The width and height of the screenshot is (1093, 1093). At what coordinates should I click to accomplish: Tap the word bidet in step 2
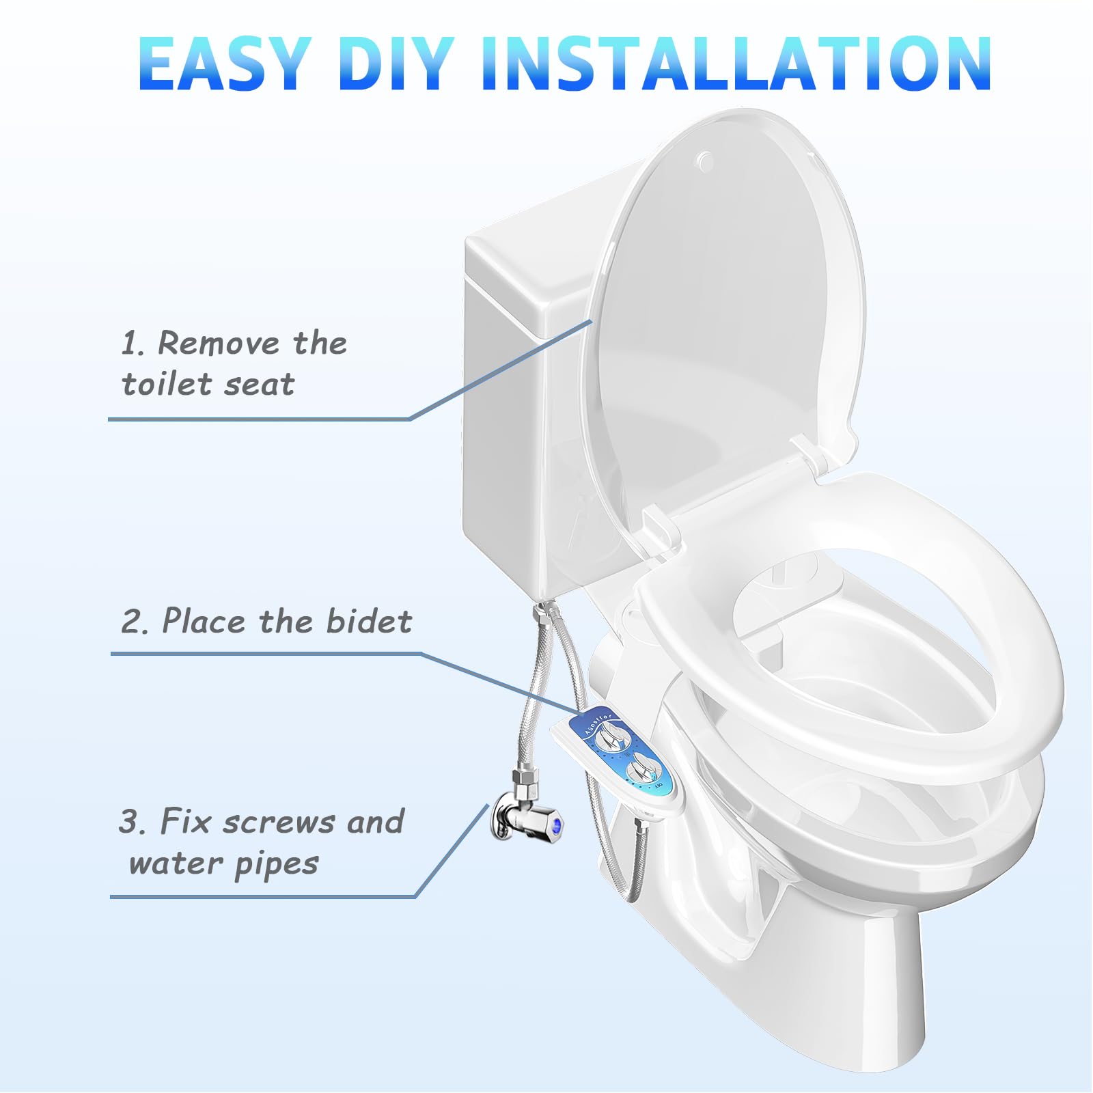[369, 621]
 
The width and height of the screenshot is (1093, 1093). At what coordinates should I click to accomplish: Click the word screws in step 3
[279, 822]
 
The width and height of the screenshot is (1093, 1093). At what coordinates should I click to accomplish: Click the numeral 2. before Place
[135, 622]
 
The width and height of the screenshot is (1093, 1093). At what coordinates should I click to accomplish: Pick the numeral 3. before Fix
[133, 822]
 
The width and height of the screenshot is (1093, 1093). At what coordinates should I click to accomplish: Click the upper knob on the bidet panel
[609, 739]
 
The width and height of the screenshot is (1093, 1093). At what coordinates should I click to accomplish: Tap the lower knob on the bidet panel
[641, 771]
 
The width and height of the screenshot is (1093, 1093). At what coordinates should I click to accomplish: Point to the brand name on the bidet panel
[599, 723]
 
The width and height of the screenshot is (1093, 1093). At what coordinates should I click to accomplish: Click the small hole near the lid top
[704, 160]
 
